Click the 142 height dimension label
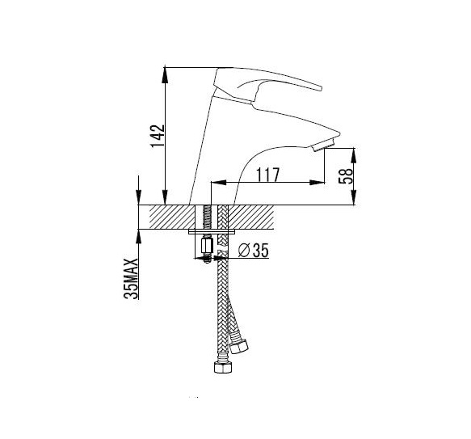point(158,136)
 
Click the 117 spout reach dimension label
point(267,175)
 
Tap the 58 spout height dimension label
point(346,176)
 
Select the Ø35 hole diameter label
point(253,250)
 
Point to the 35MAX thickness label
point(131,278)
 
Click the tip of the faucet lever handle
point(321,88)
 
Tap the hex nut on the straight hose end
point(223,367)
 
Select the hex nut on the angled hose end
point(239,346)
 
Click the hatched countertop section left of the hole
point(172,217)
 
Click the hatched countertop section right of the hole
point(251,217)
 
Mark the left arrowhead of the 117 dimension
point(219,182)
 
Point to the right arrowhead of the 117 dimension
point(318,182)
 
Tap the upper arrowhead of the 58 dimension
point(354,155)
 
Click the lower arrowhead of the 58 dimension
point(354,198)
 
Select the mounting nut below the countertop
point(207,244)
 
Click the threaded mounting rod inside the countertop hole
point(207,217)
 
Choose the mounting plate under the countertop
point(212,232)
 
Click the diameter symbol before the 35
point(244,251)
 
